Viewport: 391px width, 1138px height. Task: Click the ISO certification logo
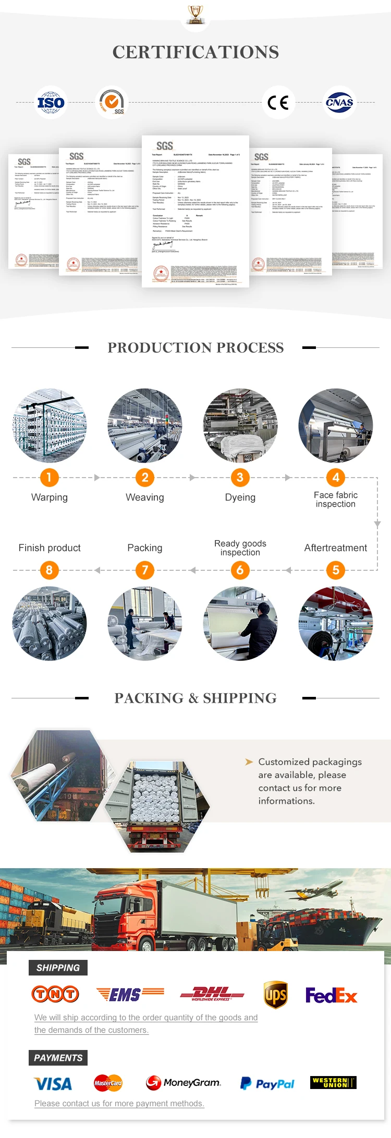click(x=51, y=103)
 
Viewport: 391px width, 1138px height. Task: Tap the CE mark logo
click(x=278, y=103)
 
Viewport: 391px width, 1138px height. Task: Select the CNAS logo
click(x=339, y=103)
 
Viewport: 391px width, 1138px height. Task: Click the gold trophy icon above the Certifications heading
click(x=195, y=14)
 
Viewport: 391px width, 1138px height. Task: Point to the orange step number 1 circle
click(x=49, y=477)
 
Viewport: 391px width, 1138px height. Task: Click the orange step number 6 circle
click(x=240, y=570)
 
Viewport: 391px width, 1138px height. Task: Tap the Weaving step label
click(x=145, y=497)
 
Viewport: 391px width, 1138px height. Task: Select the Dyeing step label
click(x=240, y=497)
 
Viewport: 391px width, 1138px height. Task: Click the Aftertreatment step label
click(x=335, y=548)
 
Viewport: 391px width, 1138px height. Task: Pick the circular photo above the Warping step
click(x=50, y=426)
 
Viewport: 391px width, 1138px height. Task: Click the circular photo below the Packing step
click(x=145, y=623)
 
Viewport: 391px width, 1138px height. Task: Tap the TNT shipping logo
click(x=55, y=994)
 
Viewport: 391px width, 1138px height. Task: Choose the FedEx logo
click(x=331, y=996)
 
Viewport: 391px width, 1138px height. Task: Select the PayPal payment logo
click(x=267, y=1083)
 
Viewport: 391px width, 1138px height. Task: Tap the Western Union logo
click(x=333, y=1082)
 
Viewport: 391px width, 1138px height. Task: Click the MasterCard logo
click(x=108, y=1083)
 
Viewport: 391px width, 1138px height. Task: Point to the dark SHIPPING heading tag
click(x=58, y=968)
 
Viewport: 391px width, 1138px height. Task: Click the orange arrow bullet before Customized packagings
click(x=249, y=762)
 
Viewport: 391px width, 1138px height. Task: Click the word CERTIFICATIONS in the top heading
click(x=195, y=52)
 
